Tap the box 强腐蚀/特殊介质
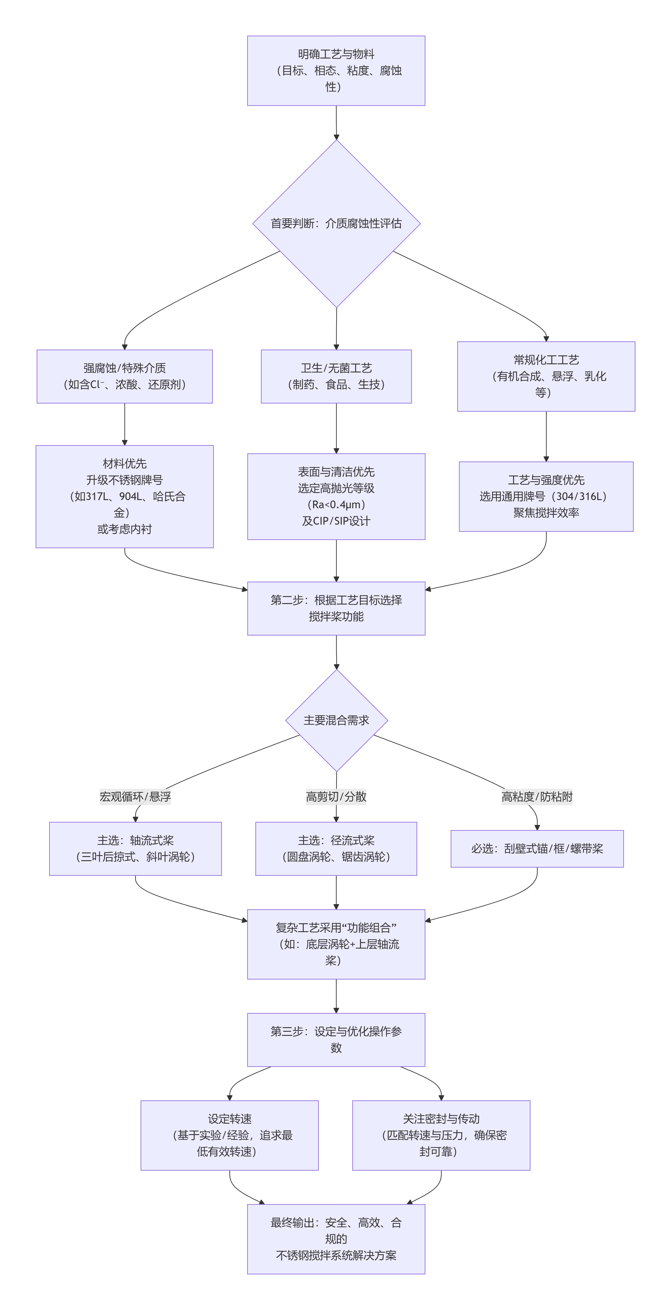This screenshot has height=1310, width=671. pyautogui.click(x=125, y=376)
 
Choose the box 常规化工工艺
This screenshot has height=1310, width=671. pyautogui.click(x=546, y=376)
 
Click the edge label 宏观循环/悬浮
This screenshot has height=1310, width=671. pyautogui.click(x=135, y=796)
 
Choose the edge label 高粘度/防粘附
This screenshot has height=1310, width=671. pyautogui.click(x=537, y=796)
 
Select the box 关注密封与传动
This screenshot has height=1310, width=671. pyautogui.click(x=441, y=1135)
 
